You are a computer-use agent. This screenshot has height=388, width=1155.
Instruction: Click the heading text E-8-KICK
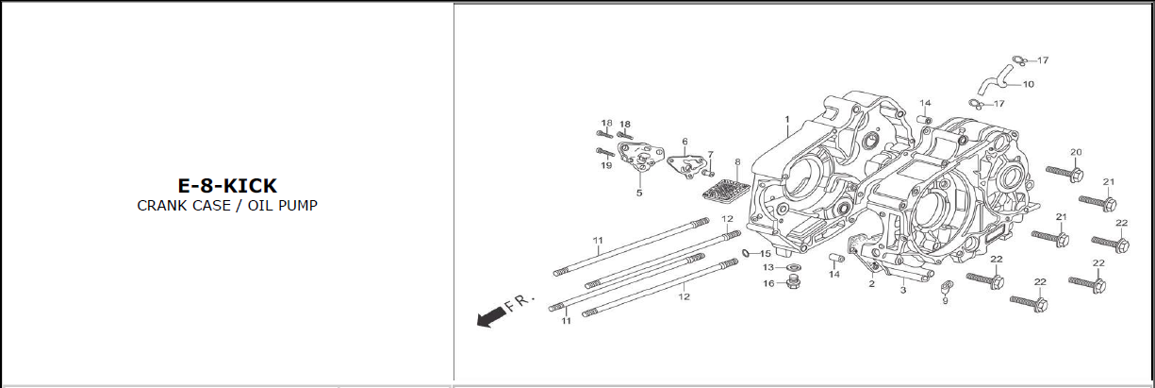point(227,186)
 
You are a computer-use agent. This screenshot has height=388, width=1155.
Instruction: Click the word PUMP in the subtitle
point(298,206)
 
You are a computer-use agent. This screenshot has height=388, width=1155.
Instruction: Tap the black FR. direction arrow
point(490,319)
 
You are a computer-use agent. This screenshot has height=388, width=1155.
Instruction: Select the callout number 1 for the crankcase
point(785,120)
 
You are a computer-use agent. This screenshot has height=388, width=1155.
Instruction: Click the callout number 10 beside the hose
point(1028,84)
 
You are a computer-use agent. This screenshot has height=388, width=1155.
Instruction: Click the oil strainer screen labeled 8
point(725,188)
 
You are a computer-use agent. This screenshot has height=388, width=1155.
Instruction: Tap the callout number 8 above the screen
point(737,162)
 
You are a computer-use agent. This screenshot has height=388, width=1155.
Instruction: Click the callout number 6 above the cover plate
point(685,142)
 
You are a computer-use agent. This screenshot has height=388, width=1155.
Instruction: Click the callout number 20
point(1076,152)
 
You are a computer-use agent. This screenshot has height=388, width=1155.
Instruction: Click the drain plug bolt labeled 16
point(792,282)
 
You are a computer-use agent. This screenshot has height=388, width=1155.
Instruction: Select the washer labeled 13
point(789,267)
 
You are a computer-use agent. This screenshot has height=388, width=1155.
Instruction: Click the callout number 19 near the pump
point(606,166)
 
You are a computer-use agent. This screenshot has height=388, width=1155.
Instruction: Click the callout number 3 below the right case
point(902,291)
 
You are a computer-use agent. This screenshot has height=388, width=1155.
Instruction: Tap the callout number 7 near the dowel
point(710,154)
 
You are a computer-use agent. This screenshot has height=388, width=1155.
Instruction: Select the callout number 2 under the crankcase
point(871,283)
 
